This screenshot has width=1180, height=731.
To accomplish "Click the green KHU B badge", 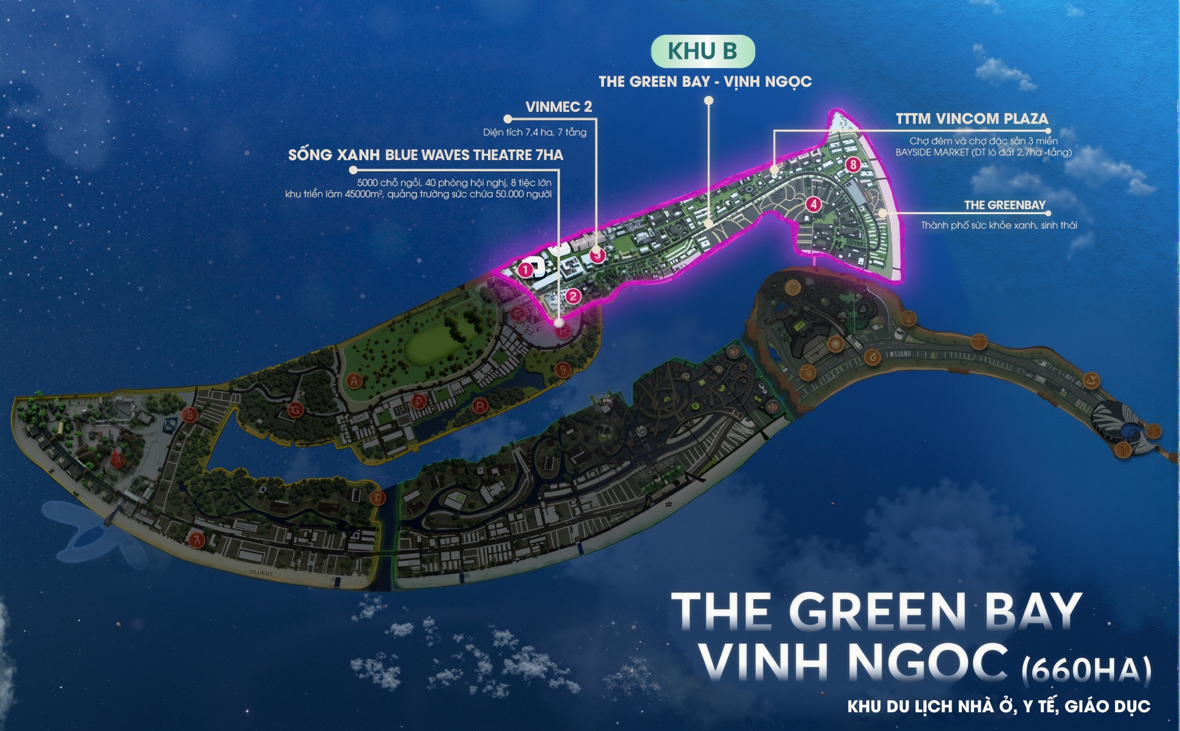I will point(702,51).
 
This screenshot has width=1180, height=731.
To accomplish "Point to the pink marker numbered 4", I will point(813,204).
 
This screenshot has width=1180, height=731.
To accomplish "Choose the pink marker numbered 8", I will point(853,165).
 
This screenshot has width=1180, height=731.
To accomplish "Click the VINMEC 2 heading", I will point(559,107).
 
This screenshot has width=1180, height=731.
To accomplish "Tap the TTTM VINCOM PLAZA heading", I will point(972,119).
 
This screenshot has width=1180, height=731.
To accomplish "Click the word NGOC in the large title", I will point(927,662).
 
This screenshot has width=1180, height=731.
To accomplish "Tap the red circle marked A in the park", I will point(354,380).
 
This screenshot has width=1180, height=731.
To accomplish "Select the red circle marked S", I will point(190,415).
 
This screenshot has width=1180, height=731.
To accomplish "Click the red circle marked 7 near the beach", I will point(197,540).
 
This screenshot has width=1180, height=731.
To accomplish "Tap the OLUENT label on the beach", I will point(261,573).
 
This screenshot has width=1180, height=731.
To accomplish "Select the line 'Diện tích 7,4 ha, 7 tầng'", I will point(534,132).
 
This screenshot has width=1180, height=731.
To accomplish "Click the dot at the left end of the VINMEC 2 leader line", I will point(507,119).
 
